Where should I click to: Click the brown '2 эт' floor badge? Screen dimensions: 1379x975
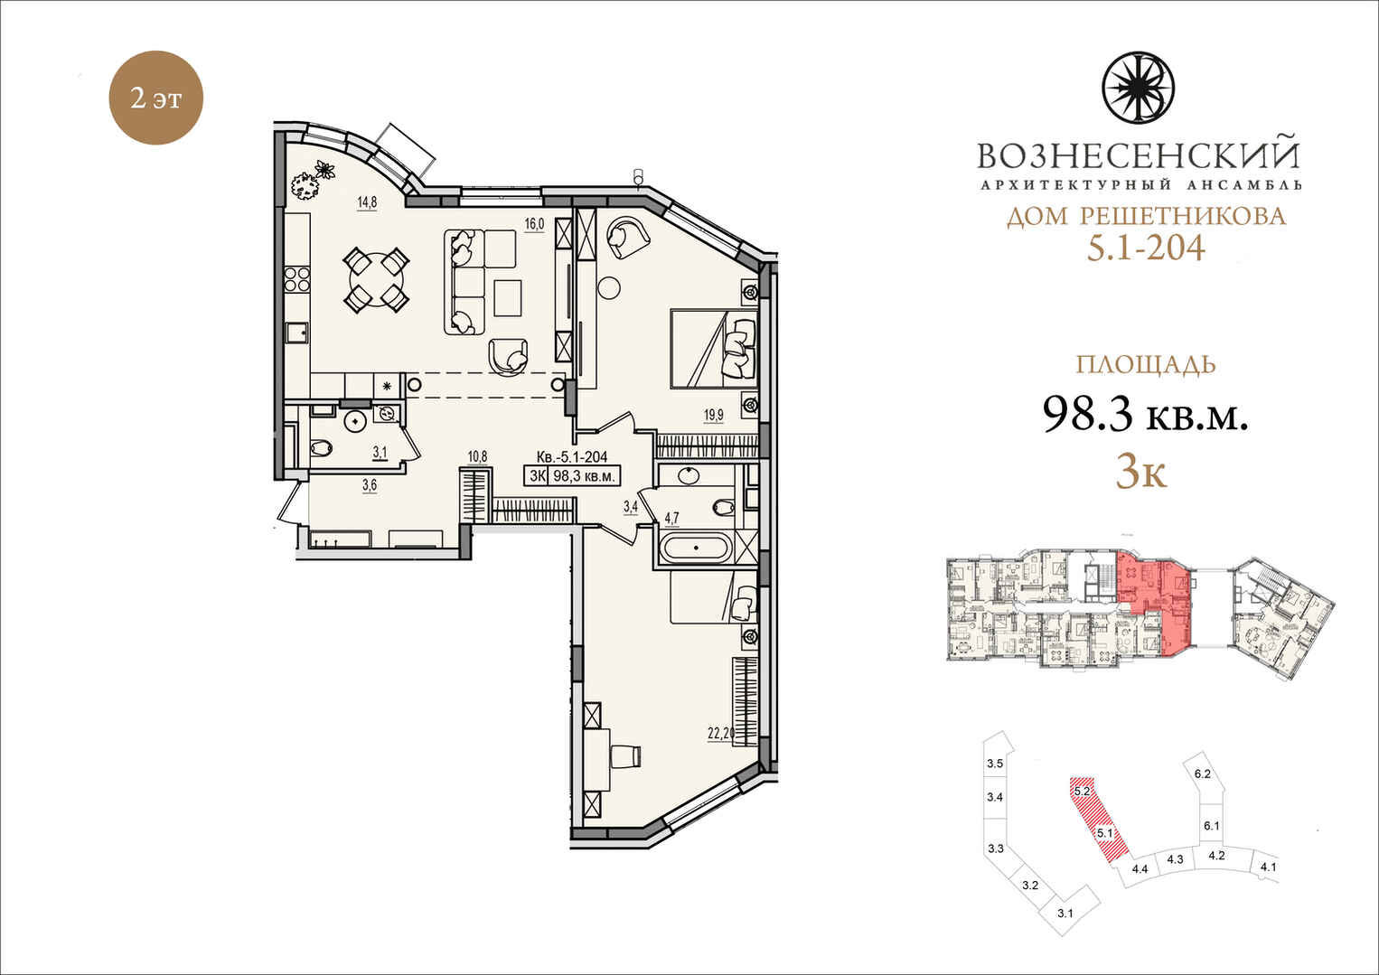155,98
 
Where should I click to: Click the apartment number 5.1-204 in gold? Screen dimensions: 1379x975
1146,248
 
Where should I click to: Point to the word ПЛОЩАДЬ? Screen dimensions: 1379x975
1146,364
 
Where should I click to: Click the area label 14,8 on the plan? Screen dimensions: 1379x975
367,202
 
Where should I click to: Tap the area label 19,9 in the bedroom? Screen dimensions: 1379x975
714,415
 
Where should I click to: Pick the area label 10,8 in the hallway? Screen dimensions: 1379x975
477,456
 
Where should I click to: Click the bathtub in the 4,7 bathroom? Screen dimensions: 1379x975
696,548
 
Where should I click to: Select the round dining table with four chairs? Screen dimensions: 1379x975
376,279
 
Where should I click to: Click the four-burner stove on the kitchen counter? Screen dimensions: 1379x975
296,279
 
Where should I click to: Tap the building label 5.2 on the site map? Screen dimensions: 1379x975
1082,791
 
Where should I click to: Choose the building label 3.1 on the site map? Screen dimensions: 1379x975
1065,931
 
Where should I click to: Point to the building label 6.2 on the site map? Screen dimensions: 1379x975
1202,773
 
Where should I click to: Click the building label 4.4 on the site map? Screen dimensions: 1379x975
1140,869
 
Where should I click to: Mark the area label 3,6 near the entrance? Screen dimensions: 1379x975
369,485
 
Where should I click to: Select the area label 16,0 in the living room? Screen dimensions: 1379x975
534,224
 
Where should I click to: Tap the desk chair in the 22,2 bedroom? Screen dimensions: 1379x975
627,755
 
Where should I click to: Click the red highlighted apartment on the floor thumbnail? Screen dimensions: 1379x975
1152,599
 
